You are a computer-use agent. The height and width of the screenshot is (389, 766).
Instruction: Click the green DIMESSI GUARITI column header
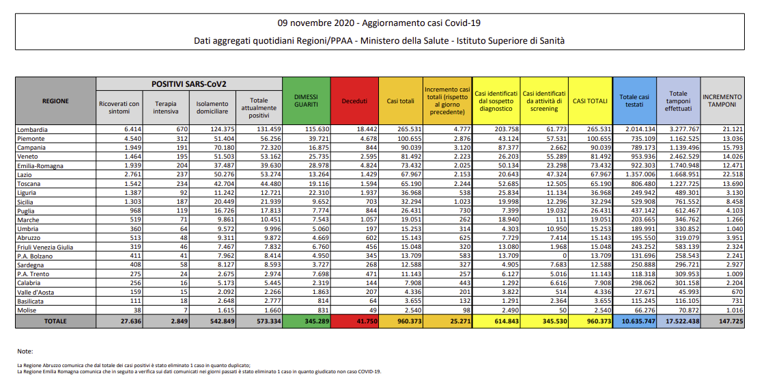(x=307, y=100)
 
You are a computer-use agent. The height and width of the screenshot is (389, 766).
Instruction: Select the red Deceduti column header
(x=354, y=100)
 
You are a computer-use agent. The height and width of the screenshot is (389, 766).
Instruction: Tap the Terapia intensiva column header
(x=167, y=107)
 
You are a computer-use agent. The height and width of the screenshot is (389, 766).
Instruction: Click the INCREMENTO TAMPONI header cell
(x=722, y=100)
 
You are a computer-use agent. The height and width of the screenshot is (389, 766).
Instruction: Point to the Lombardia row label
(x=32, y=130)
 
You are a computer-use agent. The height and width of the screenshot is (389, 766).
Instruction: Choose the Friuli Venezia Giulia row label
(x=45, y=247)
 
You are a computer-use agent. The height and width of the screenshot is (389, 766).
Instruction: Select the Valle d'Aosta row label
(x=36, y=292)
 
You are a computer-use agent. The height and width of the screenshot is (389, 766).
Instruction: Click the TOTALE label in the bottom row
(x=55, y=321)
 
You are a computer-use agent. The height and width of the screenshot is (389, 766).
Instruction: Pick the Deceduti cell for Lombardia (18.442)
(x=365, y=130)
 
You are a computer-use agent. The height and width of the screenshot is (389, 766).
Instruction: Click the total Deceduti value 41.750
(x=365, y=321)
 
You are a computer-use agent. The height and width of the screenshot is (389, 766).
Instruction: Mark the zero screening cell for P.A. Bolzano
(x=564, y=256)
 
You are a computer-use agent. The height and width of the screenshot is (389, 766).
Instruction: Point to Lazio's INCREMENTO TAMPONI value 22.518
(x=732, y=175)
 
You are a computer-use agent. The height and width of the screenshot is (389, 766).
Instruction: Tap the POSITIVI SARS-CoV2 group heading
(x=188, y=84)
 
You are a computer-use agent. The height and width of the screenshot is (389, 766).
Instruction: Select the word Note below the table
(x=25, y=351)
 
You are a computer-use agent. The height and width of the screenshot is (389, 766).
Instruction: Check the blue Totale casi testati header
(x=634, y=100)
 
